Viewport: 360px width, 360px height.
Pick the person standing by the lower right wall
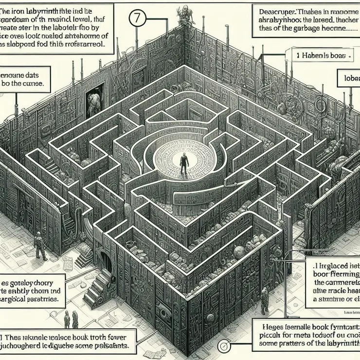point(264,301)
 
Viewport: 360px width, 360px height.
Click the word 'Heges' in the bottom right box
point(269,324)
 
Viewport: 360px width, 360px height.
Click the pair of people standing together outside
point(71,319)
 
